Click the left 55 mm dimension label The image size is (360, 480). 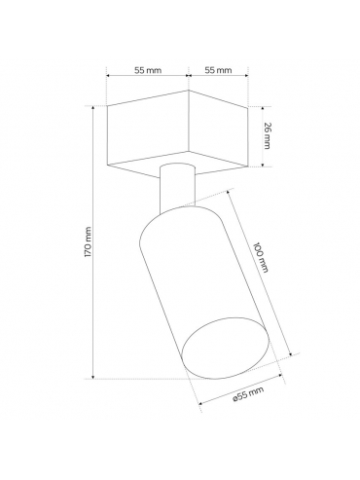pyautogui.click(x=148, y=70)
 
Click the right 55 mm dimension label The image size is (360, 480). pyautogui.click(x=219, y=70)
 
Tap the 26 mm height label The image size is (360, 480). pyautogui.click(x=267, y=135)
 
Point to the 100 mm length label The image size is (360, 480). pyautogui.click(x=261, y=257)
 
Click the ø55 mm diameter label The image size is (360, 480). pyautogui.click(x=248, y=393)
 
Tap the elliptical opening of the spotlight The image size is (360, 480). pyautogui.click(x=226, y=349)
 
